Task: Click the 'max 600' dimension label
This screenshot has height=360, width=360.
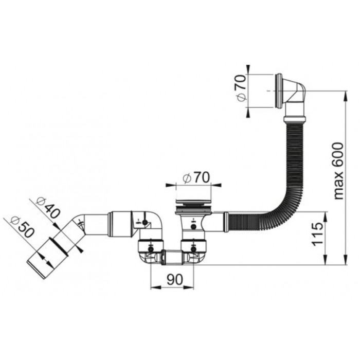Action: point(338,171)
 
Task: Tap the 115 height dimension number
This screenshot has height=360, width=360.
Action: point(317,234)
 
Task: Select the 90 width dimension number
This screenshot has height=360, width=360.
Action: point(175,279)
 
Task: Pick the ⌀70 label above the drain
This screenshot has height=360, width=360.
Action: point(196,178)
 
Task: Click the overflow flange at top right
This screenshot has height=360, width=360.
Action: point(279,91)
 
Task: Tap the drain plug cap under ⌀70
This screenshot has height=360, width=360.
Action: point(193,203)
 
